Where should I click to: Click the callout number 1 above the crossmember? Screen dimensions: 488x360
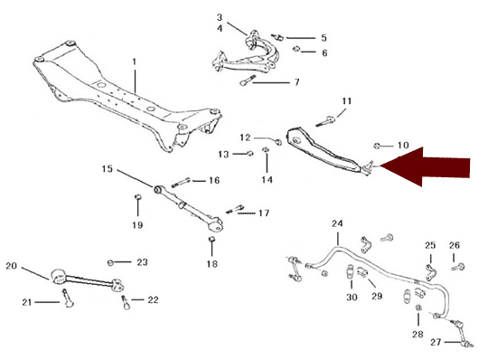tap(135, 62)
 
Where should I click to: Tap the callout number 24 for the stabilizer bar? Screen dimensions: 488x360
tap(337, 223)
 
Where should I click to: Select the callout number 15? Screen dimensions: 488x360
tap(108, 169)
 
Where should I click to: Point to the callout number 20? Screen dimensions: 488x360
tap(11, 266)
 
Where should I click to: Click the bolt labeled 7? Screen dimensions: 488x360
tap(248, 81)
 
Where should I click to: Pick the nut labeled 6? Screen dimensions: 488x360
tap(296, 49)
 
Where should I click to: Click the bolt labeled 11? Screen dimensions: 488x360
tap(325, 121)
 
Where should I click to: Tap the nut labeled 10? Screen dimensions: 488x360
tap(377, 146)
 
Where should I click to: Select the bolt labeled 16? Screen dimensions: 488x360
tap(181, 182)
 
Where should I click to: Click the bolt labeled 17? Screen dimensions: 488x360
tap(235, 209)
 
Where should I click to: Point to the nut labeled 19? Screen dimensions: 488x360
tap(138, 197)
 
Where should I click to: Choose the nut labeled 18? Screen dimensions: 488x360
tap(211, 239)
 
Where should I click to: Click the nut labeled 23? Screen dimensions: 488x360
tap(110, 262)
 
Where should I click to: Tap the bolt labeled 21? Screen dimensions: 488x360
tap(68, 298)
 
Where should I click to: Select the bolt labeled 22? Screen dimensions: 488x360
tap(126, 303)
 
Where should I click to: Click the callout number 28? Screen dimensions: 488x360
tap(418, 334)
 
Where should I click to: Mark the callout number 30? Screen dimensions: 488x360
tap(352, 297)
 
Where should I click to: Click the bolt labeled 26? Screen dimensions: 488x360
tap(458, 267)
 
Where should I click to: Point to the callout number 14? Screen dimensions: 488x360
tap(267, 179)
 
